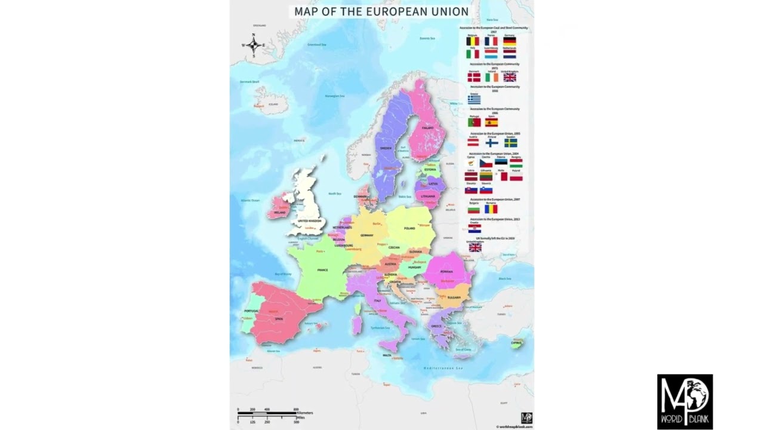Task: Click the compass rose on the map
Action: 253,45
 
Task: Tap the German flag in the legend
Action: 509,41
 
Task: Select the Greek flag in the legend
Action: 474,100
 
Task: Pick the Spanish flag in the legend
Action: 491,122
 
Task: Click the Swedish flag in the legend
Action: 510,143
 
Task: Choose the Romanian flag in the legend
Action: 491,209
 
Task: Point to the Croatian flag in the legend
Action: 475,229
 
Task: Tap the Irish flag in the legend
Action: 491,78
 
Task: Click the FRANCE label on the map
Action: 322,270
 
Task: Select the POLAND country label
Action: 409,228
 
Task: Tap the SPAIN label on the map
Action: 279,319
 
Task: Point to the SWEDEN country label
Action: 386,148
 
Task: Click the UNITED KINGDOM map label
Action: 310,221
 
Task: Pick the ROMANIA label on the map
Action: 447,271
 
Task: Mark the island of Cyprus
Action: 516,343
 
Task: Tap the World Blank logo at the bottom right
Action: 685,401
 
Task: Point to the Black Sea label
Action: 505,279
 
